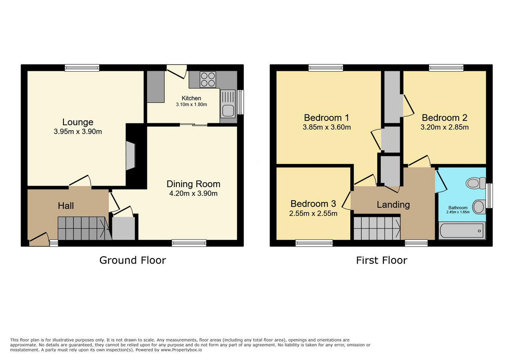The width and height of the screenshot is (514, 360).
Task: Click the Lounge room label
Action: tap(78, 122)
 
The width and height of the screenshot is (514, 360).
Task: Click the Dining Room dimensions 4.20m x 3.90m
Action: tap(193, 193)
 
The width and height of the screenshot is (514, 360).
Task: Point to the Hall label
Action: tap(66, 206)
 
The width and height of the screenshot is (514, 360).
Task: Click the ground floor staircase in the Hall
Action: tap(81, 228)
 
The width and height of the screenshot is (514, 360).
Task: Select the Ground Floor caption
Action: tap(132, 260)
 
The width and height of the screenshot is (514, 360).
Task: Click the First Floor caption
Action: tap(381, 260)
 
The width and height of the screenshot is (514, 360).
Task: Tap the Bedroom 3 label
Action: tap(313, 204)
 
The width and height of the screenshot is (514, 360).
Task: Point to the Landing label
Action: tap(393, 204)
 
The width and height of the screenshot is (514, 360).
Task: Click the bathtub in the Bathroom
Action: tap(462, 231)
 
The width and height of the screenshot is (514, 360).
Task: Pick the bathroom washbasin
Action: tap(478, 207)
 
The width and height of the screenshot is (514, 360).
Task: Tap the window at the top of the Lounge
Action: tap(82, 67)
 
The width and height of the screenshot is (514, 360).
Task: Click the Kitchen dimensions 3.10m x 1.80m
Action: tap(191, 105)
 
